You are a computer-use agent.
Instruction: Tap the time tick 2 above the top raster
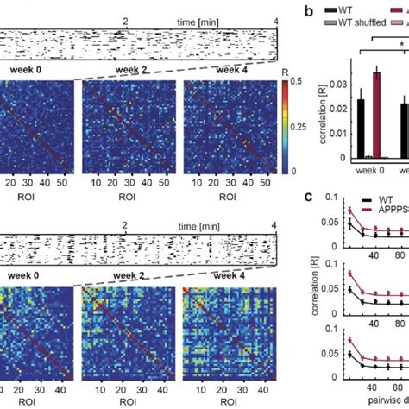[127, 19]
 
